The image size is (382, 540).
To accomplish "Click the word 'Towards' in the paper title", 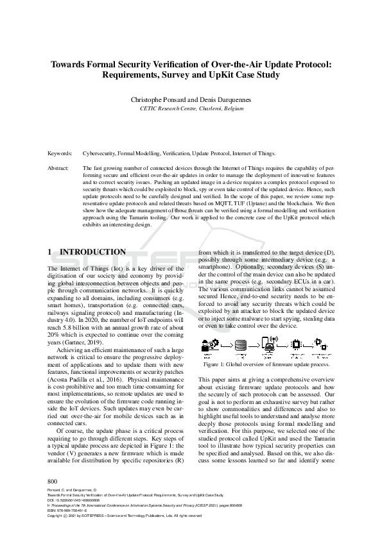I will coord(71,64).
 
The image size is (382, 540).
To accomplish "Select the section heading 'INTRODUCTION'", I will coord(92,252).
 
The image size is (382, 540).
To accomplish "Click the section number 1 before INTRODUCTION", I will coord(51,252).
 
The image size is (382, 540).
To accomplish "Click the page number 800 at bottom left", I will coord(53,498).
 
